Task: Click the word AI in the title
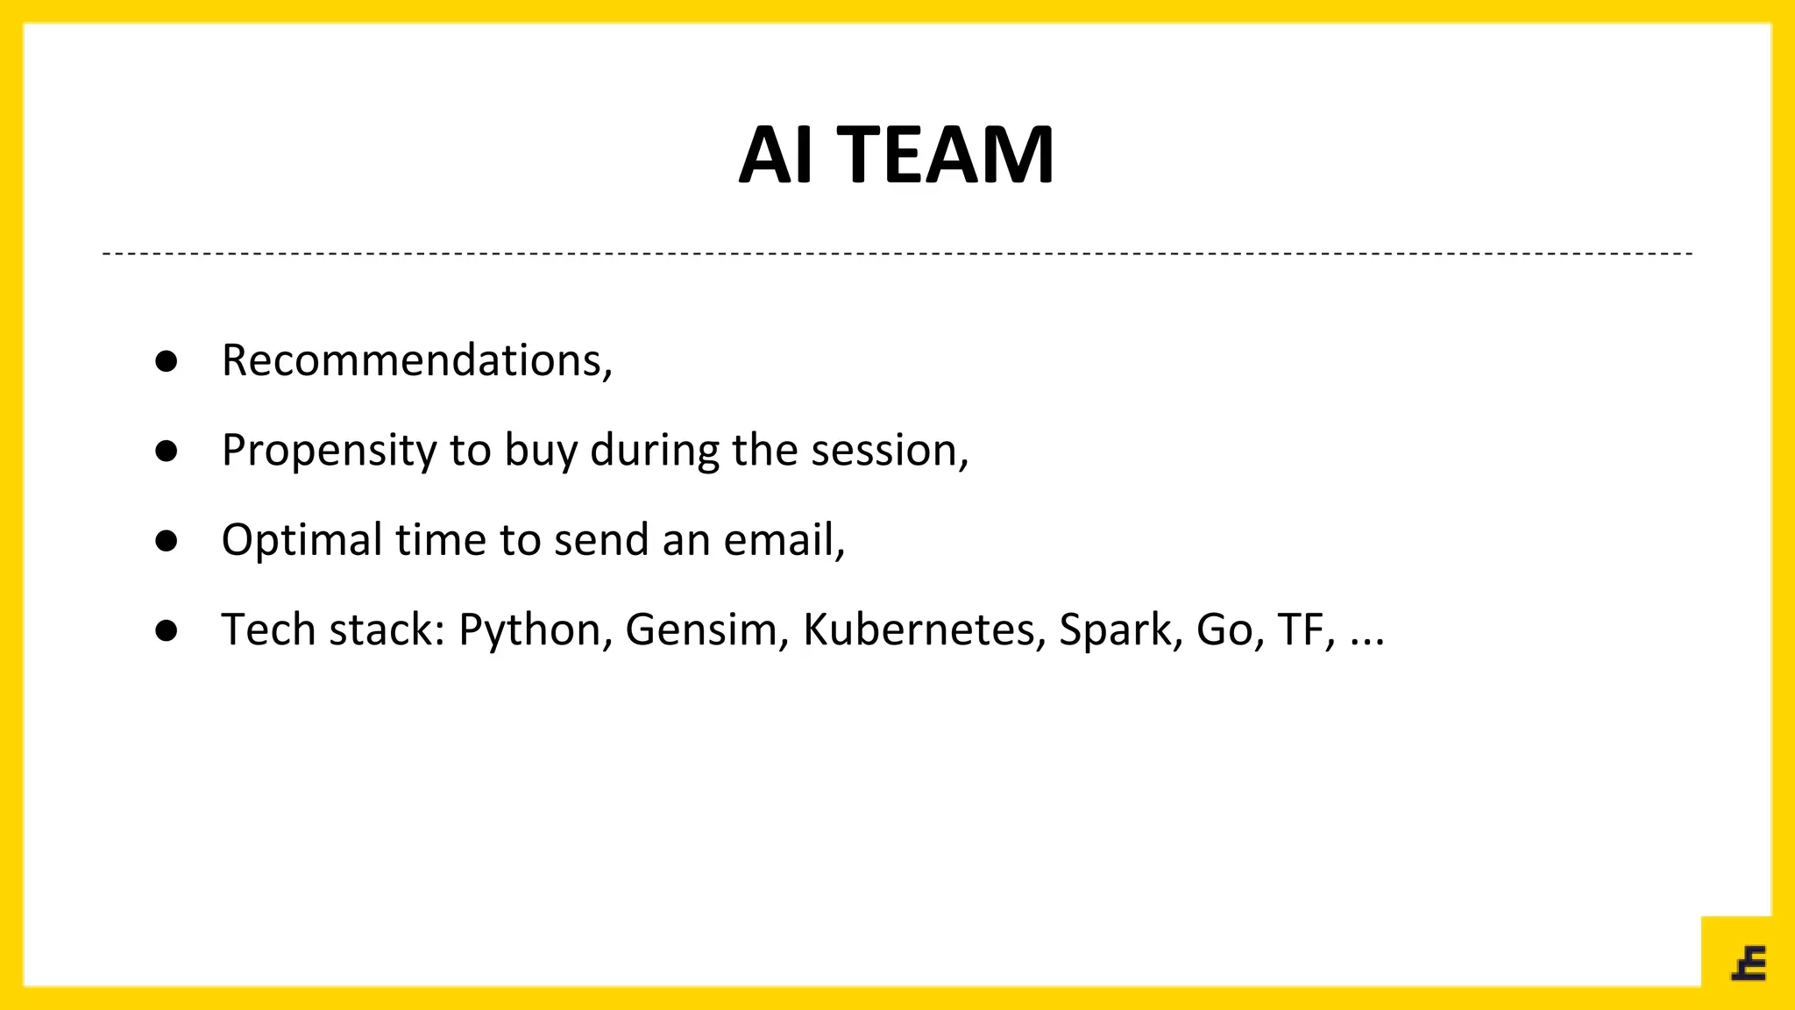[776, 155]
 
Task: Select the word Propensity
[328, 452]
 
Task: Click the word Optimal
[302, 540]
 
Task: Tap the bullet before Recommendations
[167, 361]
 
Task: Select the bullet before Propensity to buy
[167, 452]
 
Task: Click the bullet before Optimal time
[167, 541]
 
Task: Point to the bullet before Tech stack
[167, 630]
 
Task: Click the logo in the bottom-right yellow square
[1749, 964]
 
